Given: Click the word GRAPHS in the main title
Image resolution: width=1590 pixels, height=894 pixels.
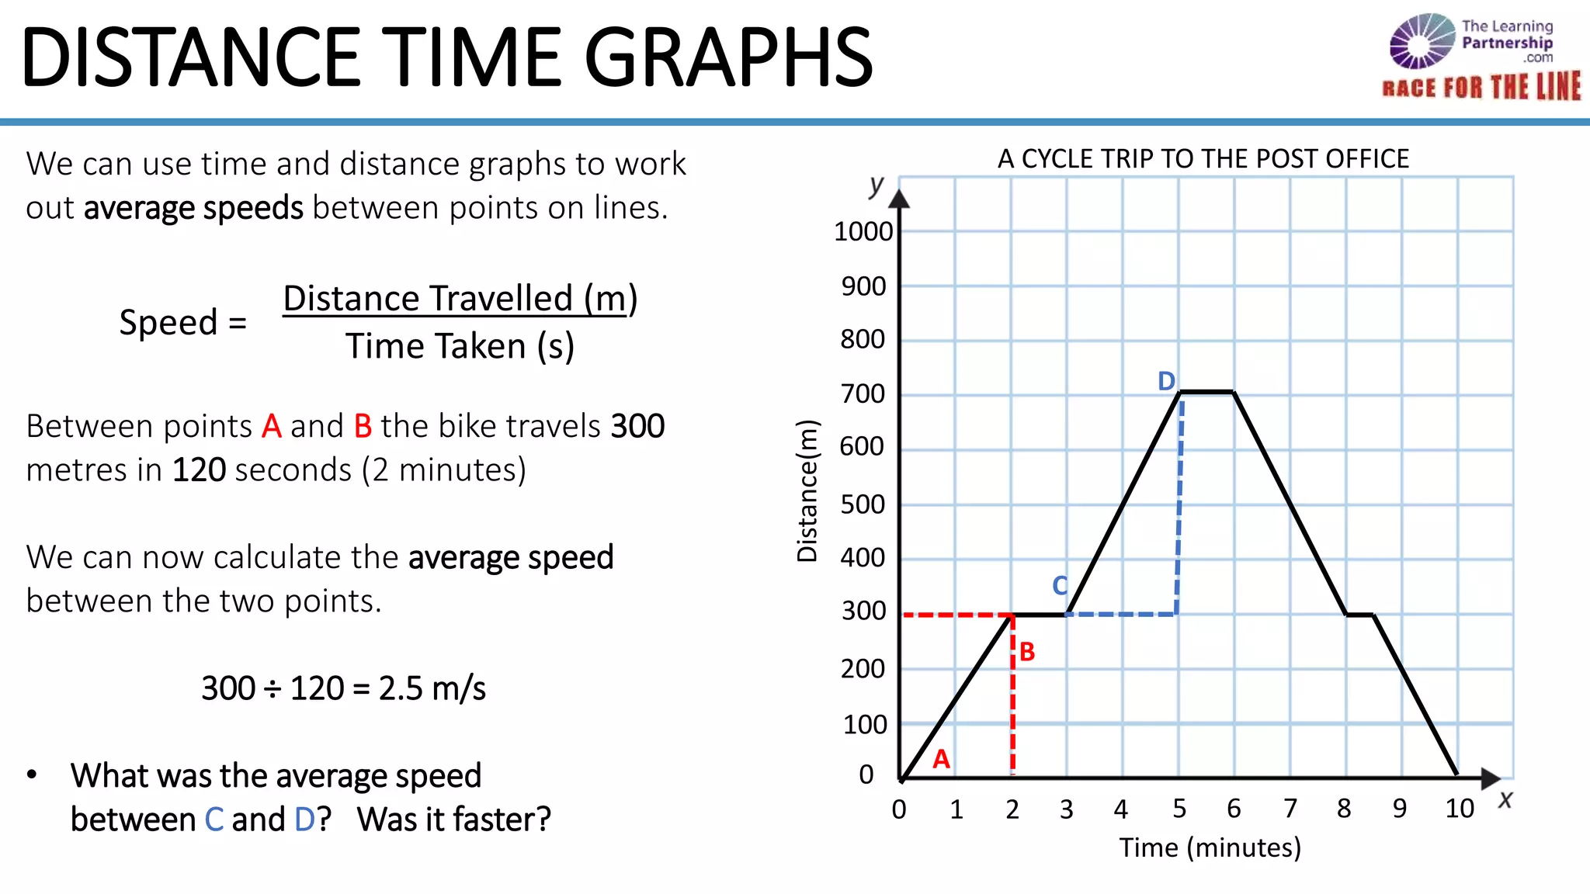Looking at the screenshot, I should pyautogui.click(x=728, y=57).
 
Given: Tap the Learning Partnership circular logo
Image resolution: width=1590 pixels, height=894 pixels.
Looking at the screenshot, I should pyautogui.click(x=1422, y=41).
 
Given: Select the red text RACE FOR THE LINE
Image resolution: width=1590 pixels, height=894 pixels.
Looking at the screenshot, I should pyautogui.click(x=1481, y=87).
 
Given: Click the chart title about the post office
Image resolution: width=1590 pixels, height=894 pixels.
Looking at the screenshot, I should pyautogui.click(x=1203, y=159).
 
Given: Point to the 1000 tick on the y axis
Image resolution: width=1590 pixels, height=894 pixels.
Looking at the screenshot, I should pyautogui.click(x=863, y=231).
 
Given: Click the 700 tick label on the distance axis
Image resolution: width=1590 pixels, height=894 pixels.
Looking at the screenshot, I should pyautogui.click(x=863, y=394).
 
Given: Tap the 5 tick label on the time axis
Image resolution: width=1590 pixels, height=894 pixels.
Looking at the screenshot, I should pyautogui.click(x=1179, y=809).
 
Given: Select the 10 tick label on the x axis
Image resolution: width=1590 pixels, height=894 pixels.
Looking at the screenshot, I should pyautogui.click(x=1459, y=809).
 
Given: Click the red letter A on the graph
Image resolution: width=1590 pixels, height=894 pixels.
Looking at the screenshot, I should pyautogui.click(x=941, y=759).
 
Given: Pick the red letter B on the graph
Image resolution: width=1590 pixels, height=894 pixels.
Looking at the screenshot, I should pyautogui.click(x=1027, y=652).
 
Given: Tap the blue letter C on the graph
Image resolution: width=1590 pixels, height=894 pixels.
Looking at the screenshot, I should pyautogui.click(x=1060, y=585).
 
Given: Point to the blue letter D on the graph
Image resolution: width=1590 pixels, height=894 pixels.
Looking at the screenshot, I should pyautogui.click(x=1166, y=381).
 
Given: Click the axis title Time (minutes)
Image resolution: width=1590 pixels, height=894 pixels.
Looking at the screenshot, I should pyautogui.click(x=1210, y=847).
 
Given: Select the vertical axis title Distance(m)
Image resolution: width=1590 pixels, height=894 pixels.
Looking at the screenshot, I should pyautogui.click(x=808, y=490).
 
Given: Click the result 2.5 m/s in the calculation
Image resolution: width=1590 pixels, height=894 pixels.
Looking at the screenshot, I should pyautogui.click(x=432, y=688).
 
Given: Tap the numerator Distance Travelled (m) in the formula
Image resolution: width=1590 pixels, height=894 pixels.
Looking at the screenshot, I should pyautogui.click(x=460, y=299).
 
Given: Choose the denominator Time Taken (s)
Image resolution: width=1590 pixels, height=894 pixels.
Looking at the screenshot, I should pyautogui.click(x=460, y=346).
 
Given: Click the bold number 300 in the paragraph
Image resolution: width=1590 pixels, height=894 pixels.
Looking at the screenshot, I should pyautogui.click(x=637, y=426).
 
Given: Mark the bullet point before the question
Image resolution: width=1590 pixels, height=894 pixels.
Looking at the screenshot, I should pyautogui.click(x=32, y=774).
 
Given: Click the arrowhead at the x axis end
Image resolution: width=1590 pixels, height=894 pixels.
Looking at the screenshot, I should pyautogui.click(x=1491, y=778).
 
